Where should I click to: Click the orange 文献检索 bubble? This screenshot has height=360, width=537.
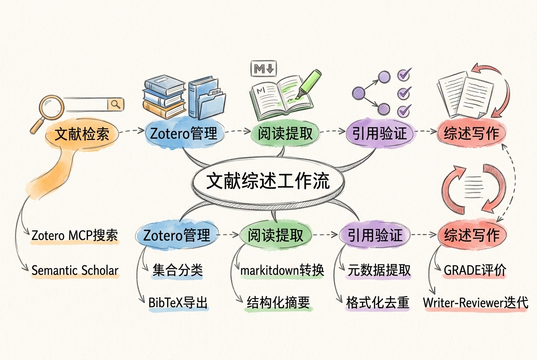82,134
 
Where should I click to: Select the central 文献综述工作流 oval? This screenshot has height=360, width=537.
268,181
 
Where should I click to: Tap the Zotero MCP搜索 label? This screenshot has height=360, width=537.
74,235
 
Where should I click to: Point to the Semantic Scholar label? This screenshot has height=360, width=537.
75,270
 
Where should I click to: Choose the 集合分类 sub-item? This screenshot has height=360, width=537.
178,270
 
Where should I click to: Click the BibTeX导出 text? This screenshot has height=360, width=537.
178,303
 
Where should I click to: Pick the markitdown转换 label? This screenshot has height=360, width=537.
282,270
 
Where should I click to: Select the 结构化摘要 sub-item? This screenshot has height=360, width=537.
278,303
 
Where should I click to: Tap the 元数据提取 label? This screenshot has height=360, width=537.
379,270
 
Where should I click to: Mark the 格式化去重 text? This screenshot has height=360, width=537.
378,303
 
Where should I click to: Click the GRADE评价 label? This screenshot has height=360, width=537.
475,270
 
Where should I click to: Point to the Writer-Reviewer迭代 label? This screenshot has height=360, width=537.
476,303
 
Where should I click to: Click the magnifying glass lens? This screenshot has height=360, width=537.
52,107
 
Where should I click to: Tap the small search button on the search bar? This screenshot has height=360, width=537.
116,104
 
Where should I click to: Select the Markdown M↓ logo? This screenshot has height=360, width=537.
263,69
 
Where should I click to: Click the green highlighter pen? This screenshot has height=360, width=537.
308,84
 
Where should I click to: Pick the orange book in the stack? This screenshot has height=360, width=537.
164,109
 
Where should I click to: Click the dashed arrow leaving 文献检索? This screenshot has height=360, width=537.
132,131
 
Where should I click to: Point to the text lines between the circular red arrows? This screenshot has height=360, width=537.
473,187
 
